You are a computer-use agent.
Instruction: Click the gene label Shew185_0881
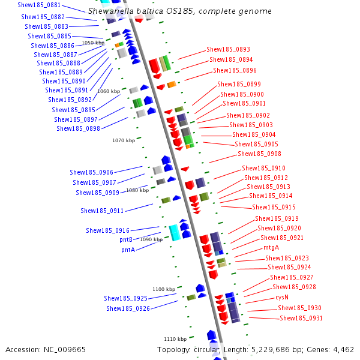39,5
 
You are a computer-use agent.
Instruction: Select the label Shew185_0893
228,49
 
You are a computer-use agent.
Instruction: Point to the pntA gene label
128,250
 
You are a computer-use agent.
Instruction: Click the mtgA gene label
271,247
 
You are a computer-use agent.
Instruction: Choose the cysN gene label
282,297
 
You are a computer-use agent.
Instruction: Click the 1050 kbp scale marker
92,43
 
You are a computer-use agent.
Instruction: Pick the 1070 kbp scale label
124,140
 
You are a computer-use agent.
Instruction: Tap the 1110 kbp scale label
175,339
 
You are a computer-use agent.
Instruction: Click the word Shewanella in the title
111,11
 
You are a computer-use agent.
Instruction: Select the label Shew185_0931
301,318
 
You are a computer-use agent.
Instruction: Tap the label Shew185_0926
128,308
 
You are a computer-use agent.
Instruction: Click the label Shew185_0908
259,154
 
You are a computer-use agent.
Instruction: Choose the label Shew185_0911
102,211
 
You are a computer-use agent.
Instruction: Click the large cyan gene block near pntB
175,232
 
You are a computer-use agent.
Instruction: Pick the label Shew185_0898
78,128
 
